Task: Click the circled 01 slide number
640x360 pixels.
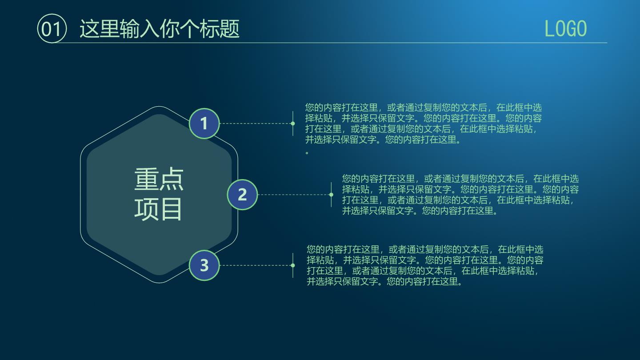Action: pos(52,28)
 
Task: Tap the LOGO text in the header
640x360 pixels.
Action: pos(565,28)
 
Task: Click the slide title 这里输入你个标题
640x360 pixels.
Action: pos(160,29)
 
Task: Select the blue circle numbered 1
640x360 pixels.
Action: pos(204,124)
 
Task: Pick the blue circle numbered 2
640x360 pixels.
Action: pos(242,195)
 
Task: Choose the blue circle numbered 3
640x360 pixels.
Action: pos(204,265)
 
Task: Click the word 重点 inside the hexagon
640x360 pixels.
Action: pos(159,179)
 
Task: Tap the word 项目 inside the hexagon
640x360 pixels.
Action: pos(158,209)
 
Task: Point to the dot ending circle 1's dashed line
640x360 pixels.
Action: pos(292,124)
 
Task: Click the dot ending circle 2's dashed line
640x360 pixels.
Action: pos(331,195)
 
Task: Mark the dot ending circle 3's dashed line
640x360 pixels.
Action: pos(292,265)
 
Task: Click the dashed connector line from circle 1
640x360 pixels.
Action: pos(255,124)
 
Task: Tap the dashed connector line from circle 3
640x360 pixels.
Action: pos(255,265)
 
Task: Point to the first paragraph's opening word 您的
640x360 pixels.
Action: pos(314,108)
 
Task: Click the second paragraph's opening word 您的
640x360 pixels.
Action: pos(351,179)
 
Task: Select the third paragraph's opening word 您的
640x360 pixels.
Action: pos(316,249)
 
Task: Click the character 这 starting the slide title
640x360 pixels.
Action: pos(89,29)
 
